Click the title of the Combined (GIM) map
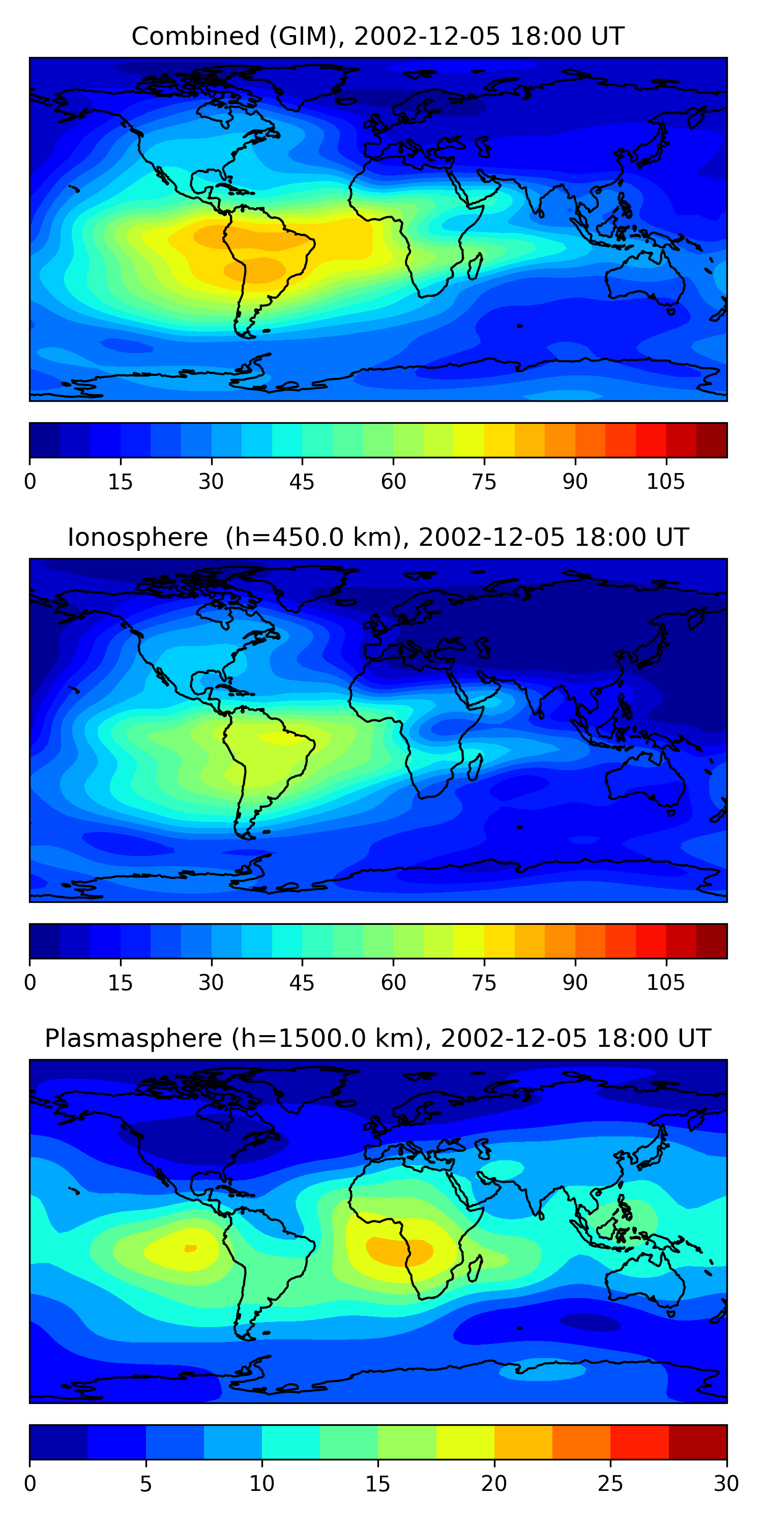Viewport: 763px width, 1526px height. point(377,36)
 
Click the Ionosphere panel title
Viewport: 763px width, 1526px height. point(377,537)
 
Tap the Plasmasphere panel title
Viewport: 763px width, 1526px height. point(377,1039)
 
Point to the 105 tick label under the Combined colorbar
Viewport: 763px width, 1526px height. point(665,482)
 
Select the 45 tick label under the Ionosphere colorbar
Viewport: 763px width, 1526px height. point(302,983)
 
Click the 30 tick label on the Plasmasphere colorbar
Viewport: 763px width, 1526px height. point(726,1484)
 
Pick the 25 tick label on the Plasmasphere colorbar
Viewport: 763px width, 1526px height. point(610,1484)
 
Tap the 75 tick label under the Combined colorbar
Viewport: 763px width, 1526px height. point(484,482)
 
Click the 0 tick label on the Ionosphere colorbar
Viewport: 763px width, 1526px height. point(30,983)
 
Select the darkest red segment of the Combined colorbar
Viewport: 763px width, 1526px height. point(712,440)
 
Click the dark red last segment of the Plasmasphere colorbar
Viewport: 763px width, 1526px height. point(697,1443)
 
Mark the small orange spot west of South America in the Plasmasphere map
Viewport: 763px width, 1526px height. point(190,1248)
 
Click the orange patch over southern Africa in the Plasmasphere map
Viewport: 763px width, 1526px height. point(398,1250)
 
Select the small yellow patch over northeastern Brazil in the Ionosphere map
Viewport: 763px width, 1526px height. point(278,738)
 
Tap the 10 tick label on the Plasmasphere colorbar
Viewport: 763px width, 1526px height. point(261,1484)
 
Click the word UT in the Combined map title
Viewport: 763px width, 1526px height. point(607,36)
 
